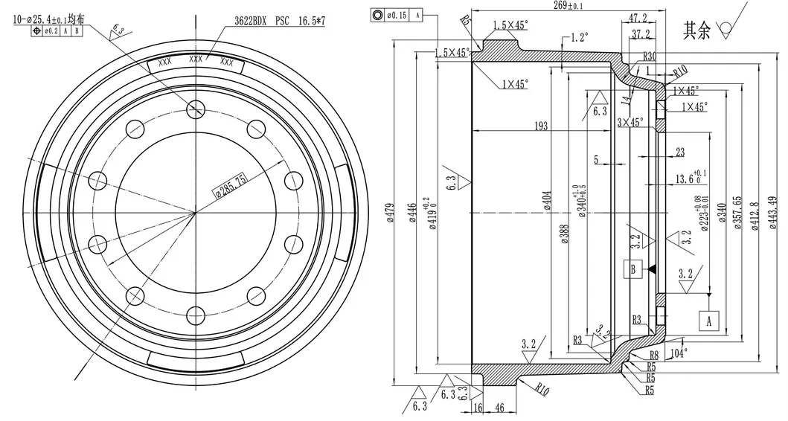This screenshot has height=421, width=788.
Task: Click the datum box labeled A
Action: (x=708, y=320)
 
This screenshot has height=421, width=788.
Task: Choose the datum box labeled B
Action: (x=633, y=269)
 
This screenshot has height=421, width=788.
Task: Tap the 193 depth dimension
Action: (x=542, y=126)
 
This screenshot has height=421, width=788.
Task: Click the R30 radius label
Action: (x=649, y=57)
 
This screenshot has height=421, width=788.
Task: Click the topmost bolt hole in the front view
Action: (x=195, y=109)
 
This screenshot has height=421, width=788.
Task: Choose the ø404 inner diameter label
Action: (x=547, y=201)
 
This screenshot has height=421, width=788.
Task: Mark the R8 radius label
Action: (x=654, y=355)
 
